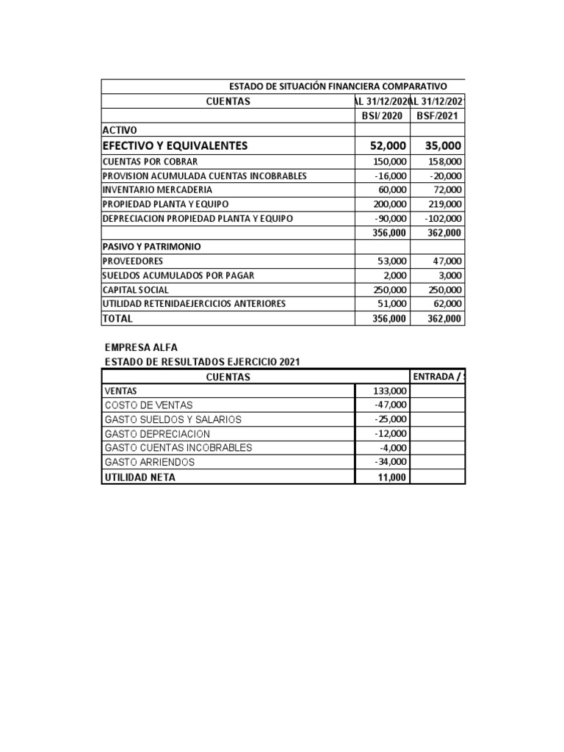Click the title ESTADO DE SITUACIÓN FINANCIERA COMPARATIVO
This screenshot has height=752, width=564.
click(338, 87)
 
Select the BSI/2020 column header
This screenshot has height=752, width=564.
click(383, 116)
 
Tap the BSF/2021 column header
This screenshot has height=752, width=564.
click(438, 116)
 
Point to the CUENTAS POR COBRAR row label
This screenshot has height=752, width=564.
click(151, 162)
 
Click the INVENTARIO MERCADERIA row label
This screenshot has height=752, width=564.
click(159, 189)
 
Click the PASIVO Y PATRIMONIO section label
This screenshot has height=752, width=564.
click(152, 247)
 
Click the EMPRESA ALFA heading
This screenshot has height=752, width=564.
click(142, 347)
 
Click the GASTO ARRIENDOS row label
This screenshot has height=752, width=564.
click(150, 462)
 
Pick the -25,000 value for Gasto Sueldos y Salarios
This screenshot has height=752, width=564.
click(390, 419)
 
